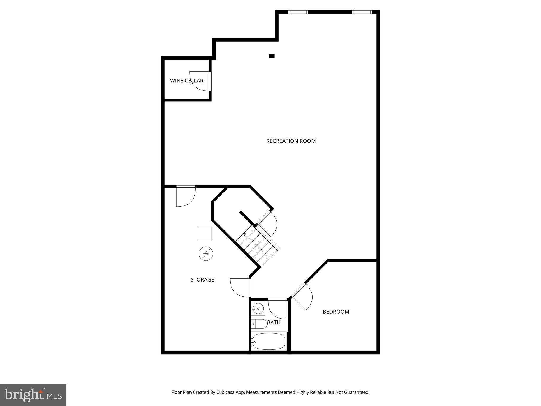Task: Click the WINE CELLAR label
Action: [x=186, y=81]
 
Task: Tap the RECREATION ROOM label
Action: [x=291, y=141]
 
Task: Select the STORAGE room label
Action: [x=202, y=279]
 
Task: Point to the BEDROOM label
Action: [x=336, y=312]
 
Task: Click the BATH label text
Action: [x=274, y=322]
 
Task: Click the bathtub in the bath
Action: [x=269, y=341]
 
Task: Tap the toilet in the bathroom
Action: [x=260, y=324]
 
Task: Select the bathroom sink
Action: [x=258, y=308]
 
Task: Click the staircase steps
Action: [x=257, y=246]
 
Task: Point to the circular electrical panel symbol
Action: [x=206, y=254]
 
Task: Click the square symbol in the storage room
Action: [x=205, y=234]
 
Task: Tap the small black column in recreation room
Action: [x=272, y=56]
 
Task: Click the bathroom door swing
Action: [x=277, y=308]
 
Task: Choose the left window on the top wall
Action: [x=298, y=12]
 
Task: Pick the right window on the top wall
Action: [x=362, y=12]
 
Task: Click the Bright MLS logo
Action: [x=33, y=395]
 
